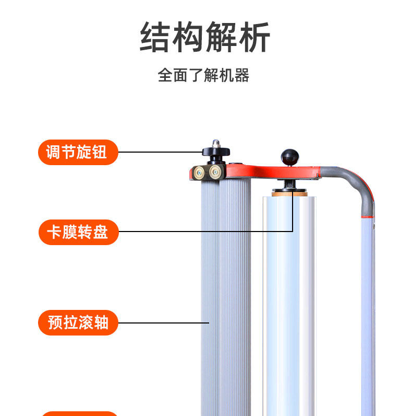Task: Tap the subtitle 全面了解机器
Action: pyautogui.click(x=203, y=75)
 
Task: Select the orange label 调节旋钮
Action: pyautogui.click(x=78, y=152)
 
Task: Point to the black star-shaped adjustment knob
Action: pyautogui.click(x=216, y=152)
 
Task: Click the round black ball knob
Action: pyautogui.click(x=288, y=156)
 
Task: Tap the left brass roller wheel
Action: pyautogui.click(x=199, y=173)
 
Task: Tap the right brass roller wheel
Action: pyautogui.click(x=215, y=173)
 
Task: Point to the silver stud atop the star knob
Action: pyautogui.click(x=214, y=143)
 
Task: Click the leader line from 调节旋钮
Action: pyautogui.click(x=159, y=152)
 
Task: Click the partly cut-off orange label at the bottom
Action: pyautogui.click(x=78, y=413)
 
